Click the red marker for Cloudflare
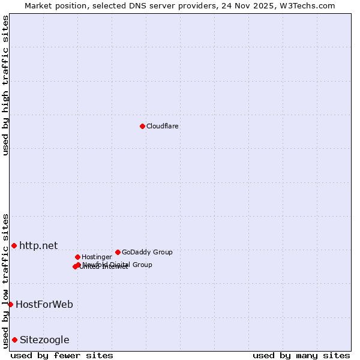pos(142,126)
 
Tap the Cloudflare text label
pos(162,127)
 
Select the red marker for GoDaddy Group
pos(118,252)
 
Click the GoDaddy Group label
pos(147,253)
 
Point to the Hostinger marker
pos(77,257)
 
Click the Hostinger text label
pos(97,257)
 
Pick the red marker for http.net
pos(14,245)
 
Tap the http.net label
pos(38,245)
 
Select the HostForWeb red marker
pos(10,304)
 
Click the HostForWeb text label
pos(44,305)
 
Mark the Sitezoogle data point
pos(14,340)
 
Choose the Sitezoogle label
pos(44,340)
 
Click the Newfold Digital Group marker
pos(78,265)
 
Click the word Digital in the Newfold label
pos(119,265)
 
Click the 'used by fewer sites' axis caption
pos(62,355)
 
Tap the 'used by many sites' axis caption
pos(301,355)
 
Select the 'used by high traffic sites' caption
pos(5,85)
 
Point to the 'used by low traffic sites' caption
pos(5,281)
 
